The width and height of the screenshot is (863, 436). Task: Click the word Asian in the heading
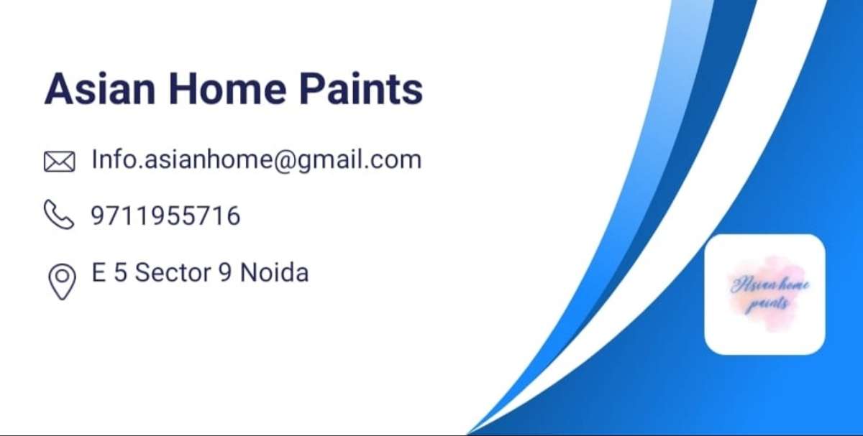tap(100, 88)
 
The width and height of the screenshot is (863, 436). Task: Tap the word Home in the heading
tap(227, 89)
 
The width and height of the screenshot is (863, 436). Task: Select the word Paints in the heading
tap(361, 88)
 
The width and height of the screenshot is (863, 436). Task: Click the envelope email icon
tap(59, 161)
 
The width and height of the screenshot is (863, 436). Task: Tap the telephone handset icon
tap(59, 214)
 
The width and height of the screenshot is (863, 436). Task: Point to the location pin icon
tap(62, 282)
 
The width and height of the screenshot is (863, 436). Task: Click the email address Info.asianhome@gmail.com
tap(257, 159)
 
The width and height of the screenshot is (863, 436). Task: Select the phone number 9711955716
tap(165, 215)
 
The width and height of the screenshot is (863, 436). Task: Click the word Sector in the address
tap(173, 272)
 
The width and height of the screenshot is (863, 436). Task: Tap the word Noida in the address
tap(274, 272)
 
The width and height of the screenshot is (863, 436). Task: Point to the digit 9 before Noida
tap(225, 272)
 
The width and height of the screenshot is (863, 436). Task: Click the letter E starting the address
tap(99, 272)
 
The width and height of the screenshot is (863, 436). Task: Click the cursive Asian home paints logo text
tap(770, 294)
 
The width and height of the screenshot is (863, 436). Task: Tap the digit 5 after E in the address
tap(121, 272)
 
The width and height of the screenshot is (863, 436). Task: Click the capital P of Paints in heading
tap(311, 89)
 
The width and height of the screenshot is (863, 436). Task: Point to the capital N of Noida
tap(249, 272)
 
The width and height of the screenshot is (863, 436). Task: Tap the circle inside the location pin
tap(63, 276)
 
